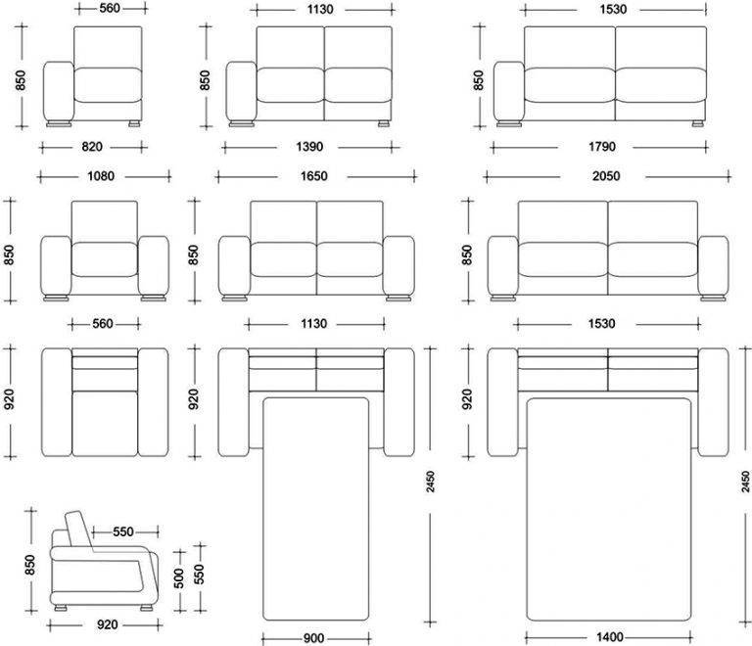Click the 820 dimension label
(92, 147)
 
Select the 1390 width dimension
(309, 147)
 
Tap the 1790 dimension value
(602, 147)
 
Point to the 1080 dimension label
(101, 176)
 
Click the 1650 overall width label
(313, 176)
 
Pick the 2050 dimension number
(606, 176)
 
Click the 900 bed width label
(313, 638)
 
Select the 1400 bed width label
(610, 637)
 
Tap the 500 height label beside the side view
(178, 578)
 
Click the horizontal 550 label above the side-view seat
(123, 531)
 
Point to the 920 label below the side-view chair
(108, 624)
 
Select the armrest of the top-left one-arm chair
(59, 91)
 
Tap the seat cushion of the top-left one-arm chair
(108, 85)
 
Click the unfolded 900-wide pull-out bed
(316, 509)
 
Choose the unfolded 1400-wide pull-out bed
(609, 509)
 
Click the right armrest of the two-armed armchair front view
(154, 265)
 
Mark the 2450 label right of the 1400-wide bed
(745, 482)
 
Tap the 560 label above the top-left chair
(110, 8)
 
